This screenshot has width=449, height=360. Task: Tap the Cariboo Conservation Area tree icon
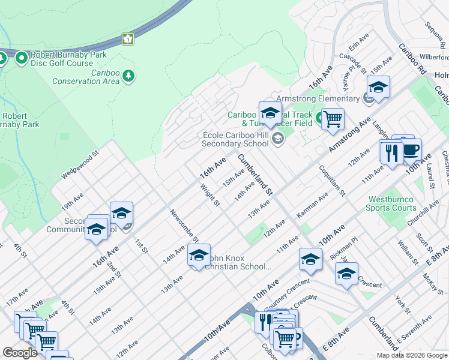128,76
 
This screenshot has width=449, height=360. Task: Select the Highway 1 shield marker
127,39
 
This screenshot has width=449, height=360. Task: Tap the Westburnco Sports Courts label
392,203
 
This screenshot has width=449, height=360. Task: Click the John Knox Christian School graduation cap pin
199,256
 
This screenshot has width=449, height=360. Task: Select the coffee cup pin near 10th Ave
411,151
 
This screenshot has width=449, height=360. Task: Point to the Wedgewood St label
79,167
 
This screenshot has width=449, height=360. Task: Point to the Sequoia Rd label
433,36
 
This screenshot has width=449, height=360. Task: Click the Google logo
20,353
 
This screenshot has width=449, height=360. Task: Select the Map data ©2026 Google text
412,355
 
